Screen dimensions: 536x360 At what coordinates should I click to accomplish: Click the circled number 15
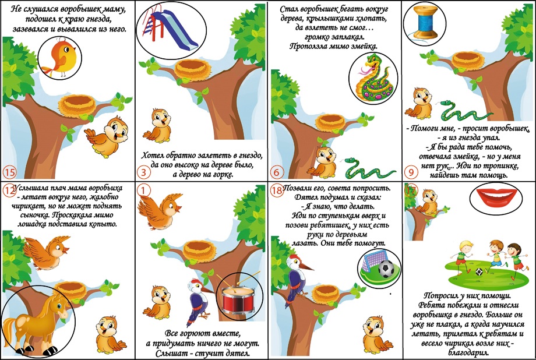[x=9, y=172]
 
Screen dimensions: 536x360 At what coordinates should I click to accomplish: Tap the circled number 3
[x=143, y=172]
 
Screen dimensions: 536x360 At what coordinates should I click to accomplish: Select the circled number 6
[x=277, y=172]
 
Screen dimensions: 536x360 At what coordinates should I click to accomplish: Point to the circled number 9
[x=411, y=172]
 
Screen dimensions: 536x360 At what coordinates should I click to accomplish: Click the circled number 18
[x=277, y=190]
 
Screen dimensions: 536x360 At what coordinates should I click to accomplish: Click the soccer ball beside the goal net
[x=386, y=269]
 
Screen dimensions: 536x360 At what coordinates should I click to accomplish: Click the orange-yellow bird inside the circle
[x=61, y=58]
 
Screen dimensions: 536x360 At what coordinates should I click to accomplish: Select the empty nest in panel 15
[x=77, y=105]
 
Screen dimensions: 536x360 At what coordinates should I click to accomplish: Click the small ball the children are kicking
[x=479, y=272]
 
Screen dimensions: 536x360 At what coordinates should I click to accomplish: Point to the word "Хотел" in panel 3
[x=152, y=156]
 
